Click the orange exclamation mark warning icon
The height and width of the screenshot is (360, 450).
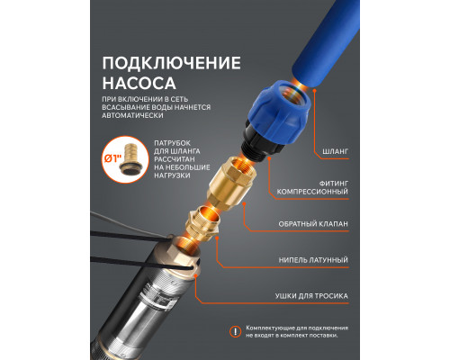[237, 331]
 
